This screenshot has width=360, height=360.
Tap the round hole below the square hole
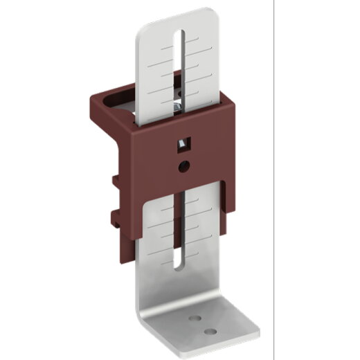183,165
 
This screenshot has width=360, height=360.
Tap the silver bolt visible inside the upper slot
178,105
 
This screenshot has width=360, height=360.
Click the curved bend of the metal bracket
149,315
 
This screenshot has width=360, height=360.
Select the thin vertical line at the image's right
274,180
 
